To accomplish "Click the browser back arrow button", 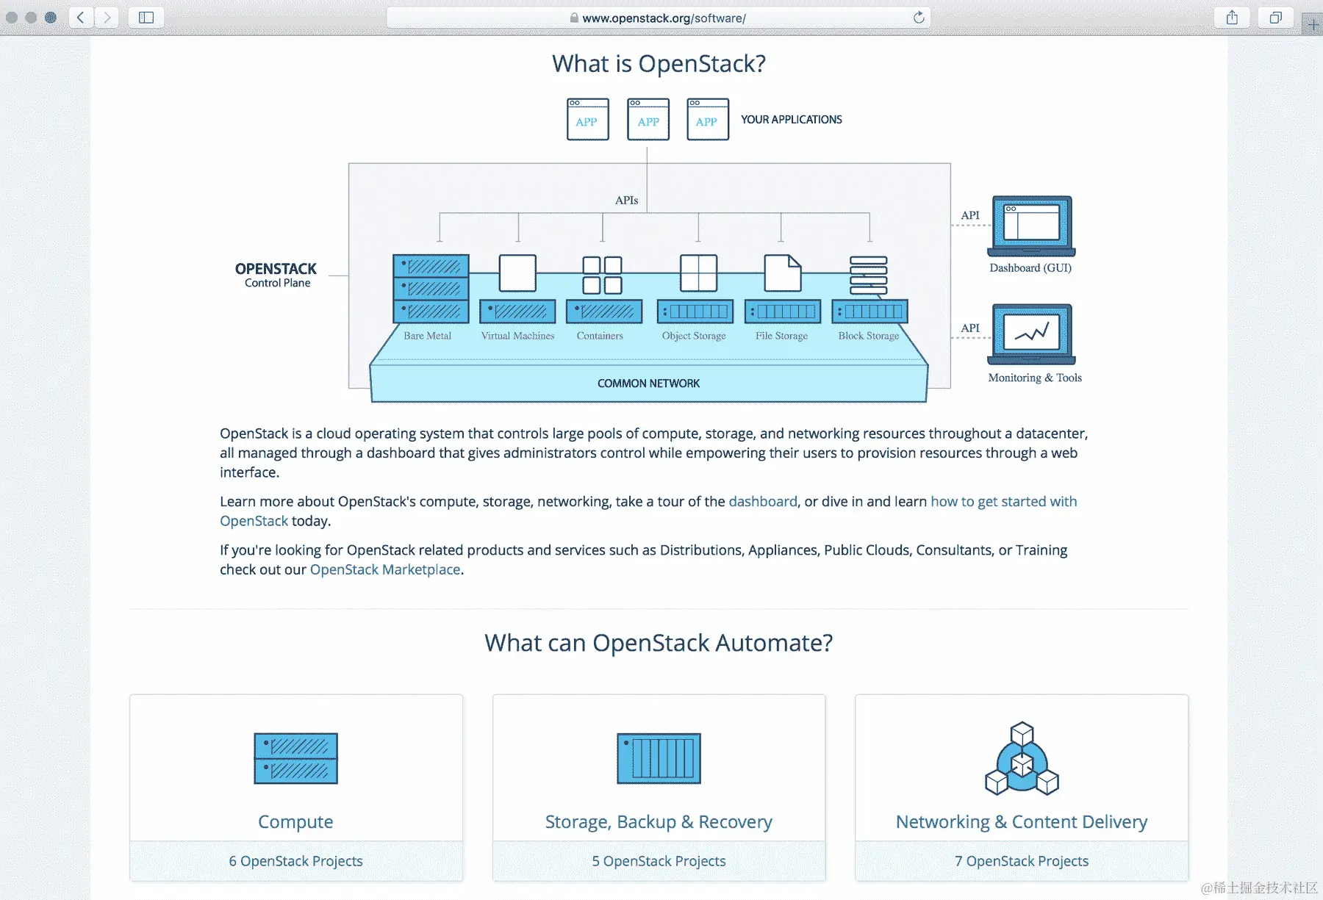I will click(x=81, y=18).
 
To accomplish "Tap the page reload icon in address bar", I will click(x=918, y=18).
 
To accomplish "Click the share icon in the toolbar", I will click(x=1233, y=18).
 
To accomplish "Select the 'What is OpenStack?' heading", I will click(x=659, y=64).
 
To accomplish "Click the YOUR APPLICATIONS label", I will click(x=791, y=120).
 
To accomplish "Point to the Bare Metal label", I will click(x=427, y=336).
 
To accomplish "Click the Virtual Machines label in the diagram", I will click(x=517, y=336).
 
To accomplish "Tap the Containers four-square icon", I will click(x=602, y=275).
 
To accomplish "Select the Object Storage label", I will click(x=693, y=336).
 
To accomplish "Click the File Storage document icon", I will click(x=782, y=273).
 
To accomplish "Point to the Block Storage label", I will click(x=868, y=336).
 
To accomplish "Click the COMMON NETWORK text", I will click(x=648, y=384).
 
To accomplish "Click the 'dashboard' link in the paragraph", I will click(x=762, y=502).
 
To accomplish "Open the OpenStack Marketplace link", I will click(x=385, y=570).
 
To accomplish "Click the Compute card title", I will click(x=295, y=822).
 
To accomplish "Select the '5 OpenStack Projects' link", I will click(x=659, y=861).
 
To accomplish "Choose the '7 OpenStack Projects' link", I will click(x=1022, y=861).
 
